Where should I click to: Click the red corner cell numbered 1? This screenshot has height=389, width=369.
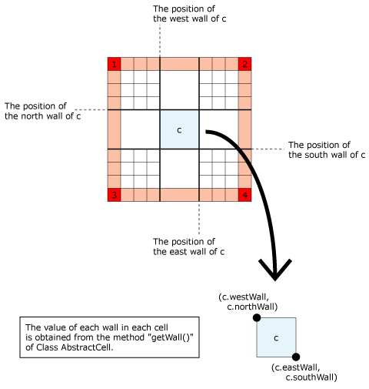click(x=114, y=64)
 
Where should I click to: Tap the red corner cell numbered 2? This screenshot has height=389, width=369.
click(x=244, y=64)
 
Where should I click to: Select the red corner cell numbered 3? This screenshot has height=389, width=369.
click(x=114, y=195)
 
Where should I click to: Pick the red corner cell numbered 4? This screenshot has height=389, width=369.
click(x=244, y=195)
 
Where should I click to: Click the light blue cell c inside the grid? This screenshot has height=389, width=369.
click(x=179, y=129)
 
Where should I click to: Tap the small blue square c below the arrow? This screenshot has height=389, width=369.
click(x=276, y=337)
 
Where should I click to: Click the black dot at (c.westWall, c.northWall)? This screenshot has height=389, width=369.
click(x=257, y=317)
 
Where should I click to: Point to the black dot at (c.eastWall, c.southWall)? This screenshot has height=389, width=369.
click(x=296, y=357)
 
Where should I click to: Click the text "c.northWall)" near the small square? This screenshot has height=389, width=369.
click(x=252, y=307)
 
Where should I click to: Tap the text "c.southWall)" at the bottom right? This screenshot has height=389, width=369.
click(x=311, y=377)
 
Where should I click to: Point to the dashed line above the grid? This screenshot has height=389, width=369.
click(x=160, y=41)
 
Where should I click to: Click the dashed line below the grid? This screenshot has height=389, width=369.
click(x=199, y=218)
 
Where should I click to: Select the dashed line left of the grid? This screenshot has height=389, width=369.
click(x=91, y=110)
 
